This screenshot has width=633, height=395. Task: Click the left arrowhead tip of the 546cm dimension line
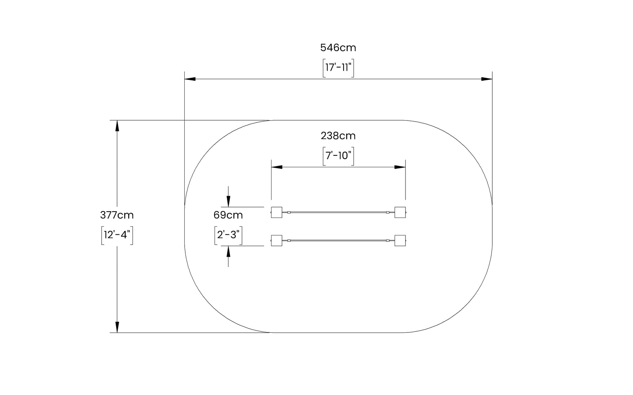click(x=185, y=79)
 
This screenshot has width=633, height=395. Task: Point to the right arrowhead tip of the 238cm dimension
click(x=405, y=167)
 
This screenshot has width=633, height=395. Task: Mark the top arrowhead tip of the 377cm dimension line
click(x=117, y=120)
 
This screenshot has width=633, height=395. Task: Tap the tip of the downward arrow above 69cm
click(x=228, y=207)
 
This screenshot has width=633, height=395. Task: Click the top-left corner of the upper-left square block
click(x=271, y=207)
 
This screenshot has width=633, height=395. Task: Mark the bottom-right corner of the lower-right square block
click(x=405, y=246)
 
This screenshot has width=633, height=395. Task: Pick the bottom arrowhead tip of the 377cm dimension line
click(x=117, y=332)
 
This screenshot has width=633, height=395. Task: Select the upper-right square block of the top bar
click(x=400, y=212)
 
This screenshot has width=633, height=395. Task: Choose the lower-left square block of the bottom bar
click(x=276, y=240)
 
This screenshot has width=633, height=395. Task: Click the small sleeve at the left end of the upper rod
click(x=289, y=212)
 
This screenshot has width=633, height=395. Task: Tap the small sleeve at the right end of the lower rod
click(x=388, y=240)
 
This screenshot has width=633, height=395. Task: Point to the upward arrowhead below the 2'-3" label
click(x=228, y=251)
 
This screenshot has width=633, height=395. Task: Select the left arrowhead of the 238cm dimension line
click(x=277, y=167)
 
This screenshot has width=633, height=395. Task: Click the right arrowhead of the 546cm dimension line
click(x=487, y=79)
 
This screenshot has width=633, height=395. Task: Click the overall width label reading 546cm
click(x=338, y=47)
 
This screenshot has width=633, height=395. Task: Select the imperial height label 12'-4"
click(x=117, y=235)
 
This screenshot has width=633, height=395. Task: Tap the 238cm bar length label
click(x=338, y=136)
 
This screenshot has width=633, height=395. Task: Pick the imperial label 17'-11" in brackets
click(x=338, y=67)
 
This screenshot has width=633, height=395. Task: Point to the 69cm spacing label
click(x=228, y=215)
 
